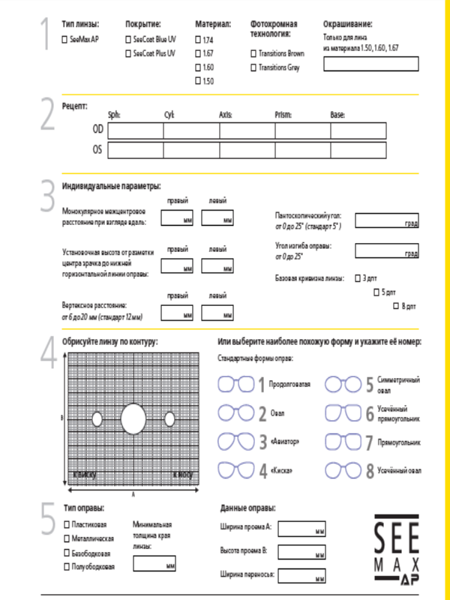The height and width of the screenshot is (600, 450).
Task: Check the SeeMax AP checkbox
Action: click(64, 38)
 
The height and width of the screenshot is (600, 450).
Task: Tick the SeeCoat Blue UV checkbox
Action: click(127, 38)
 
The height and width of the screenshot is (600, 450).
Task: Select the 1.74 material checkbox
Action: click(198, 38)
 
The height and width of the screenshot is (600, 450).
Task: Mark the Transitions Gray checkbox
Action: click(253, 67)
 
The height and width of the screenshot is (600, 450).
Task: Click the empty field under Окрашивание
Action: click(370, 64)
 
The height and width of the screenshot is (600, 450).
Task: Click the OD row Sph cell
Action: click(135, 130)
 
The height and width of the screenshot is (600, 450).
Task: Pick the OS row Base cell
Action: click(358, 150)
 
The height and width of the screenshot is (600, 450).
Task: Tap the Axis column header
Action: click(225, 115)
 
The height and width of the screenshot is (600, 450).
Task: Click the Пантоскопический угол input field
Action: click(386, 220)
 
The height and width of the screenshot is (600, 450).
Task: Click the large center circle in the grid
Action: click(133, 418)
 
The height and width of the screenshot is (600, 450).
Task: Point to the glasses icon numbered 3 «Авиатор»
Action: click(235, 441)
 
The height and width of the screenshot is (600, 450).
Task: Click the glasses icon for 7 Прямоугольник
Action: click(343, 441)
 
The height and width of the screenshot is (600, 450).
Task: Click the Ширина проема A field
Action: click(301, 529)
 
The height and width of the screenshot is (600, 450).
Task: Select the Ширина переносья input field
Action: click(301, 577)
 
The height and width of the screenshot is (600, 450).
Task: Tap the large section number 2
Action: click(46, 114)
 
